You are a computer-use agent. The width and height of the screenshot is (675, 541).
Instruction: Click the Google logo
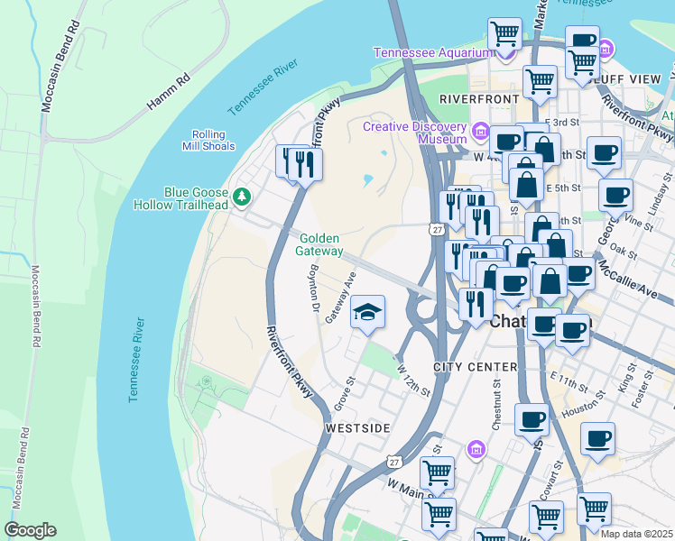(x=31, y=530)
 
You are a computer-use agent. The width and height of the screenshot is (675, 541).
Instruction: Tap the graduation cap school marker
(x=367, y=312)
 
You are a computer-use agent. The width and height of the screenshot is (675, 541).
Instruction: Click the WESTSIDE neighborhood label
(x=357, y=427)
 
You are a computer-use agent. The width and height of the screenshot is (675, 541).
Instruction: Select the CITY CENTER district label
(x=475, y=367)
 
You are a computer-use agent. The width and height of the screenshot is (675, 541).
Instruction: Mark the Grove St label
(x=342, y=394)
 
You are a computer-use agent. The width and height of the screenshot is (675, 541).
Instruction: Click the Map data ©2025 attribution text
(x=637, y=534)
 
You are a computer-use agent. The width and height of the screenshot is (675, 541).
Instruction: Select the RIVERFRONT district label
(x=476, y=97)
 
